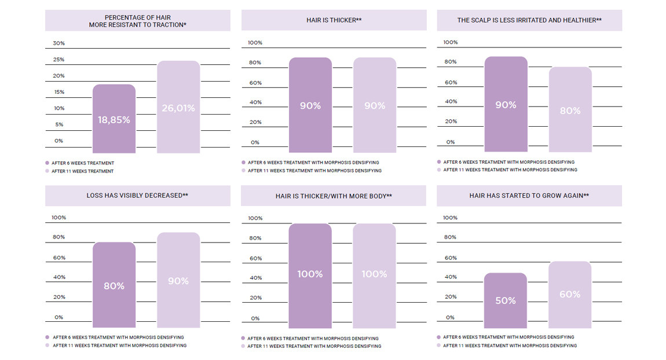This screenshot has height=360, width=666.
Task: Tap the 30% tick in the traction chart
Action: click(58, 43)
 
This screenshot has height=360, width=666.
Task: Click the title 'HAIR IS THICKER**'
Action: click(334, 20)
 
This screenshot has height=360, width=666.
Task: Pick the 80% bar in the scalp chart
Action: click(570, 110)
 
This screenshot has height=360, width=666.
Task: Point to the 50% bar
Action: click(506, 300)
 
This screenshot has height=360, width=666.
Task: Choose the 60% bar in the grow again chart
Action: click(570, 295)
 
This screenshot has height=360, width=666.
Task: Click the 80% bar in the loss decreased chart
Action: click(114, 285)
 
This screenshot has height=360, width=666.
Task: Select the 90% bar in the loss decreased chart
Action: click(178, 281)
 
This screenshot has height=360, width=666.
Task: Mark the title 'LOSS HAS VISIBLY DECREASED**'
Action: click(137, 196)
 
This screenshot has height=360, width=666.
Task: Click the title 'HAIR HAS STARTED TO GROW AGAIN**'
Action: click(529, 196)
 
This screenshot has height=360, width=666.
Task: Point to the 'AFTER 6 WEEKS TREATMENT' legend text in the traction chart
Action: click(83, 163)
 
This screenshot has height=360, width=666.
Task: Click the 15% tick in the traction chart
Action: click(58, 92)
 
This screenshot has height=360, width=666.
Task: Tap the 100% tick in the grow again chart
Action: click(450, 218)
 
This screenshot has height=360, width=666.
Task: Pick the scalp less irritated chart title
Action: click(529, 20)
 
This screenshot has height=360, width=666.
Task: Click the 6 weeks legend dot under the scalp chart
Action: click(439, 162)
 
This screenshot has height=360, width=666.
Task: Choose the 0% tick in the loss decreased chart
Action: click(58, 317)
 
